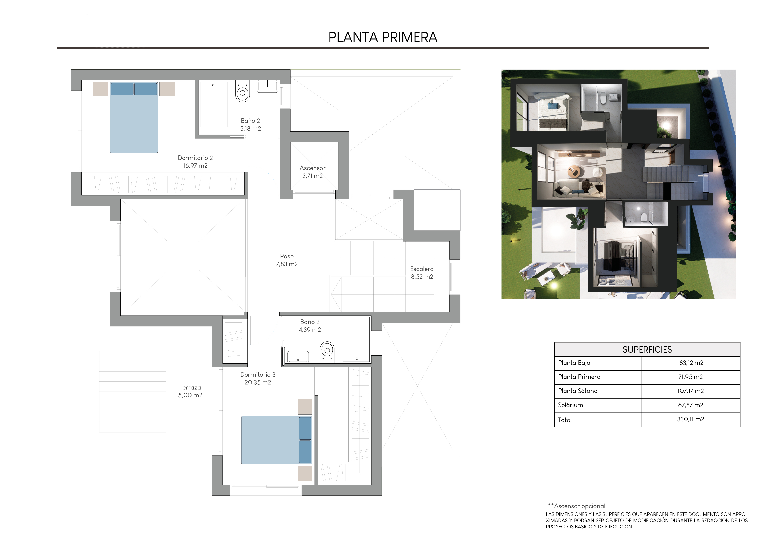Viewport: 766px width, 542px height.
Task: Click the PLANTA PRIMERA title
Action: point(383,37)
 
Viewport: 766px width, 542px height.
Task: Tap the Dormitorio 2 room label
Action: point(195,161)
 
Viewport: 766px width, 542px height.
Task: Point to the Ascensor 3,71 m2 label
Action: point(312,172)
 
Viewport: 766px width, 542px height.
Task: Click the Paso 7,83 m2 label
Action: point(287,260)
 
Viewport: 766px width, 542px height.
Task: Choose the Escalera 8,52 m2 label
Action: point(422,273)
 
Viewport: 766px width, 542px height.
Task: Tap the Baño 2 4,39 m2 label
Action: point(310,326)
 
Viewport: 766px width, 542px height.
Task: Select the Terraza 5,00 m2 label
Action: point(190,391)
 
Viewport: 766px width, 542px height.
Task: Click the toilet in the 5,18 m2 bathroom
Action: point(243,91)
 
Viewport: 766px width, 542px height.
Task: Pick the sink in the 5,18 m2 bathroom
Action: point(267,86)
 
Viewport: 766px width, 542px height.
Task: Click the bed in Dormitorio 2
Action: point(134,117)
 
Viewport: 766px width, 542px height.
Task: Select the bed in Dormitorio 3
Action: point(276,440)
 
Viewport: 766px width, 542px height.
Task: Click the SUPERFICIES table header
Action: point(647,349)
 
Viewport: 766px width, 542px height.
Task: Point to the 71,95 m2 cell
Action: point(690,377)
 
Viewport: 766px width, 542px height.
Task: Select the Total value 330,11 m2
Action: point(690,419)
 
